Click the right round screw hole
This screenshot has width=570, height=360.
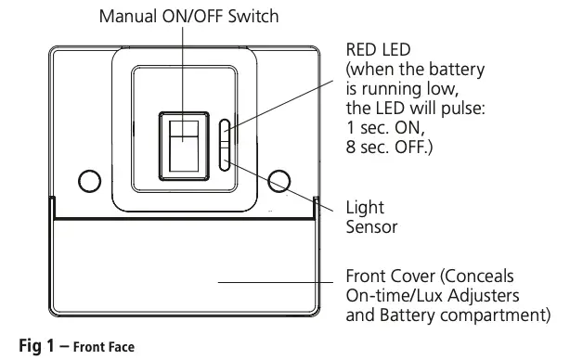click(x=277, y=179)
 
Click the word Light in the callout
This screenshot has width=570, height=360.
click(x=365, y=208)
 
